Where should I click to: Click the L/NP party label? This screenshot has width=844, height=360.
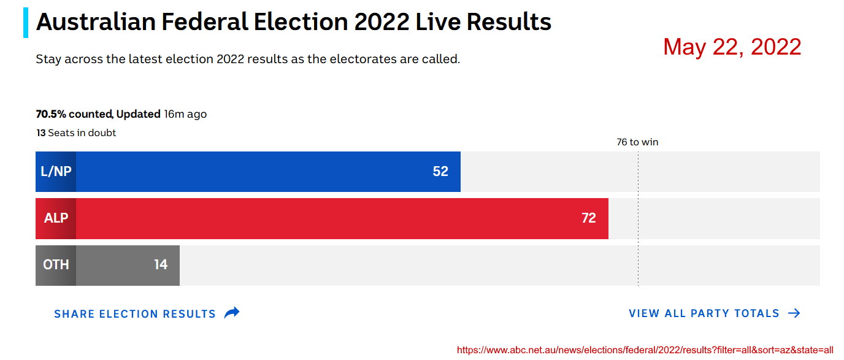[x=56, y=172]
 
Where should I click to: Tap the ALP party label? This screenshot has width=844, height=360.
[x=56, y=218]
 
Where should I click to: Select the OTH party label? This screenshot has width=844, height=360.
[x=56, y=265]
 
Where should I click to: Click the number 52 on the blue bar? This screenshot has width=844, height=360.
[x=440, y=172]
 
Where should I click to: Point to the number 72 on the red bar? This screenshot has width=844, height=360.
[x=588, y=218]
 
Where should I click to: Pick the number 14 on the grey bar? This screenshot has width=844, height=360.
[x=161, y=265]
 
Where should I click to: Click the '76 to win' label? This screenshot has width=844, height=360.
[x=637, y=142]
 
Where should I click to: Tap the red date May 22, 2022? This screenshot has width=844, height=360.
[x=732, y=47]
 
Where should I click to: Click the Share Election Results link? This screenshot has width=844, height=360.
[x=135, y=314]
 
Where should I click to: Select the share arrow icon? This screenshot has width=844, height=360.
[x=232, y=313]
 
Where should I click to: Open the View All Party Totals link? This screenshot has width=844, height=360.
[x=704, y=313]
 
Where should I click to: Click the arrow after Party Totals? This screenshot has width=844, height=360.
[x=794, y=313]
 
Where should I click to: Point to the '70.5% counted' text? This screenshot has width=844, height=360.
[x=74, y=114]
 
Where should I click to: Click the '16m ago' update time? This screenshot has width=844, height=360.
[x=185, y=114]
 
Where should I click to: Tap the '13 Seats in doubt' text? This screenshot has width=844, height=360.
[x=76, y=132]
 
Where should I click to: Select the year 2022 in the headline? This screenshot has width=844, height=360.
[x=382, y=23]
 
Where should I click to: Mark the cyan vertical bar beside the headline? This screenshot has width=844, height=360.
[x=26, y=23]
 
